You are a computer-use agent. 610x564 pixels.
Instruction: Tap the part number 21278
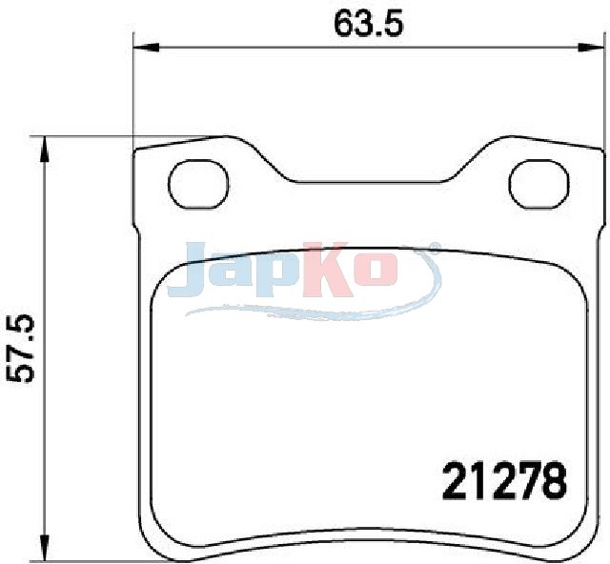pos(504,480)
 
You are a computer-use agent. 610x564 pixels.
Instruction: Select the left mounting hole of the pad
pos(197,185)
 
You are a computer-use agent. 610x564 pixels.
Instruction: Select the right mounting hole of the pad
pos(539,185)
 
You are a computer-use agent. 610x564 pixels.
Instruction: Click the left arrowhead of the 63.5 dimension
pos(146,48)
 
